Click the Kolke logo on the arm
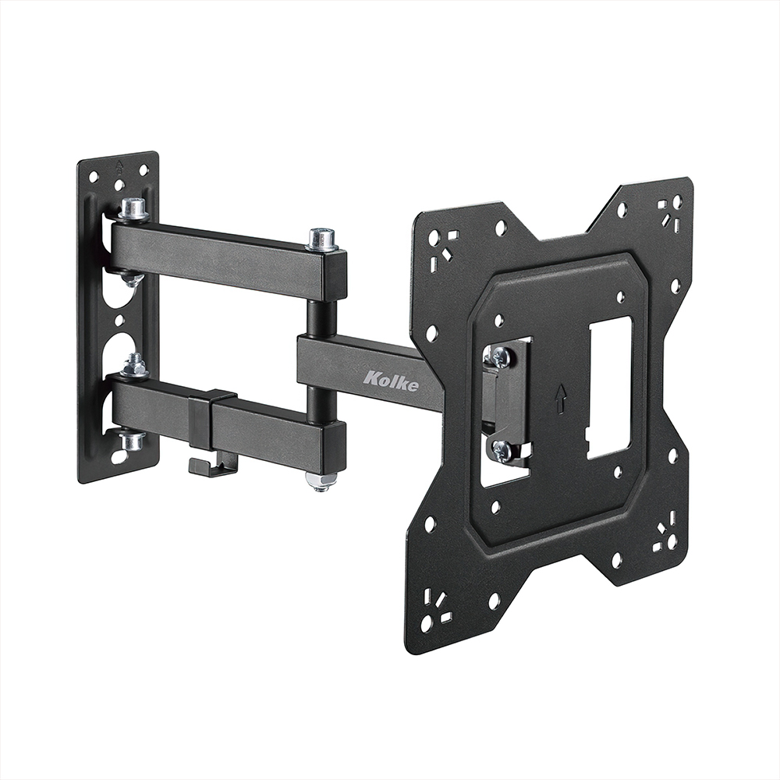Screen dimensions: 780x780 pyautogui.click(x=391, y=381)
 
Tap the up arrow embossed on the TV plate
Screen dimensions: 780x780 pyautogui.click(x=559, y=399)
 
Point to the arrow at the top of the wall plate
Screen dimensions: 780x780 pyautogui.click(x=119, y=166)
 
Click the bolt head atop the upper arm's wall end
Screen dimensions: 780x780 pyautogui.click(x=134, y=208)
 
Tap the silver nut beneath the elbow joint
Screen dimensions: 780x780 pyautogui.click(x=321, y=480)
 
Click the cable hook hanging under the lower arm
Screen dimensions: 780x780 pyautogui.click(x=212, y=466)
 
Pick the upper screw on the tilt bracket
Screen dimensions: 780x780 pyautogui.click(x=500, y=356)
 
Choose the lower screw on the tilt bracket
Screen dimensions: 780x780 pyautogui.click(x=500, y=450)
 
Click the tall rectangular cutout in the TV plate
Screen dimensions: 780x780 pyautogui.click(x=609, y=388)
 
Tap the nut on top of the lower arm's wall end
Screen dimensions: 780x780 pyautogui.click(x=135, y=366)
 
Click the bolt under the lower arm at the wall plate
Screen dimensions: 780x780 pyautogui.click(x=132, y=441)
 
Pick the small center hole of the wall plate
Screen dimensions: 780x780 pyautogui.click(x=119, y=320)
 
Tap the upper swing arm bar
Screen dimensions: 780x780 pyautogui.click(x=226, y=257)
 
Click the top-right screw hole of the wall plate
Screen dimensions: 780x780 pyautogui.click(x=144, y=170)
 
